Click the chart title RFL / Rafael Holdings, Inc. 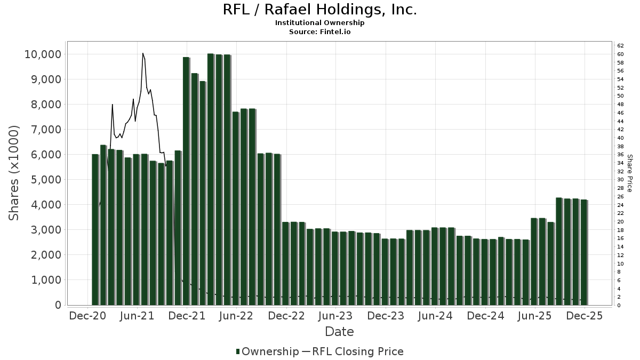click(x=319, y=10)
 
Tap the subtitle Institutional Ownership click(x=319, y=23)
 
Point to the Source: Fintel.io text click(x=319, y=31)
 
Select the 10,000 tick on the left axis click(x=43, y=54)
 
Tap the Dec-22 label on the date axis click(x=286, y=316)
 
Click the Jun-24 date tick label click(x=435, y=316)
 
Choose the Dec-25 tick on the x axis click(x=585, y=316)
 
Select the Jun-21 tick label click(x=138, y=316)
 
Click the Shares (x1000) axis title click(x=14, y=173)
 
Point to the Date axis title click(x=339, y=332)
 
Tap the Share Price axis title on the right click(x=629, y=173)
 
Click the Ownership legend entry click(x=267, y=351)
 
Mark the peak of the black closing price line click(x=142, y=53)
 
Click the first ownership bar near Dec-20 click(x=95, y=229)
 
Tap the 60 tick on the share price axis click(x=620, y=54)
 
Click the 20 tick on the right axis click(x=620, y=222)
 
